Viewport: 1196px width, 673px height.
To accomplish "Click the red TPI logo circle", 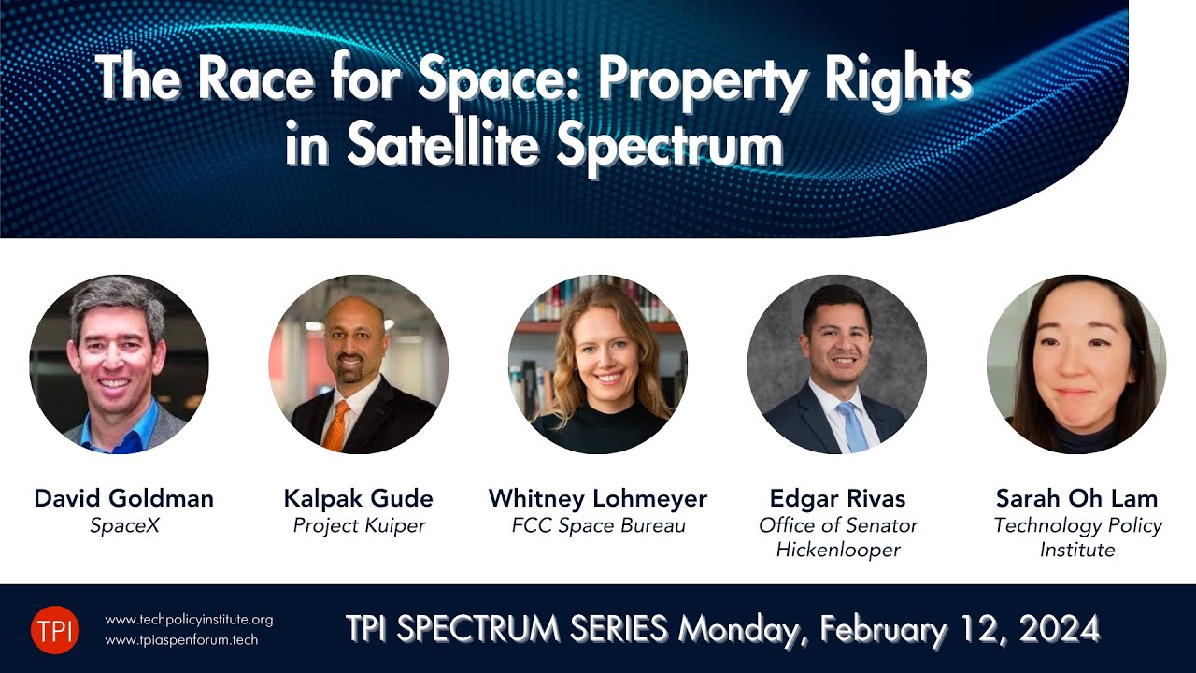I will tap(55, 629).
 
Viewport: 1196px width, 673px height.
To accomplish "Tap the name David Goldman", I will tap(123, 498).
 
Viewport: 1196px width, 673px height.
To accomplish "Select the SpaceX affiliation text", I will tap(124, 525).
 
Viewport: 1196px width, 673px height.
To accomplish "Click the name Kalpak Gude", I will tap(359, 498).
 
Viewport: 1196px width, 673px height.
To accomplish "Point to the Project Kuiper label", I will tap(359, 525).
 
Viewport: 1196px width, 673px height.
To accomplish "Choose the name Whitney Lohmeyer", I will tap(598, 498).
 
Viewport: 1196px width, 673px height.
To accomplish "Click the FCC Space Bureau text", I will tap(598, 525).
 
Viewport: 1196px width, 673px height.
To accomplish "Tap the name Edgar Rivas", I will tap(837, 498).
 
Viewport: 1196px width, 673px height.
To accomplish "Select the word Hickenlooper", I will tap(838, 550).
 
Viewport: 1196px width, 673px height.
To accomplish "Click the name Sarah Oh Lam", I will tap(1076, 498).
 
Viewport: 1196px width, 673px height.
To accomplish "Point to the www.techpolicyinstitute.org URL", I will tap(189, 620).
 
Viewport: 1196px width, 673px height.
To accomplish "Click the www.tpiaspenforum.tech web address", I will tap(181, 640).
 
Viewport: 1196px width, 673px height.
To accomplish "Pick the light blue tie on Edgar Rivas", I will tap(852, 427).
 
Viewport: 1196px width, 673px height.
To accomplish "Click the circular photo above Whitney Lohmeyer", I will tap(598, 365).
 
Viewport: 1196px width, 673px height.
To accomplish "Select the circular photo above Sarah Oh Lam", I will tap(1076, 365).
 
